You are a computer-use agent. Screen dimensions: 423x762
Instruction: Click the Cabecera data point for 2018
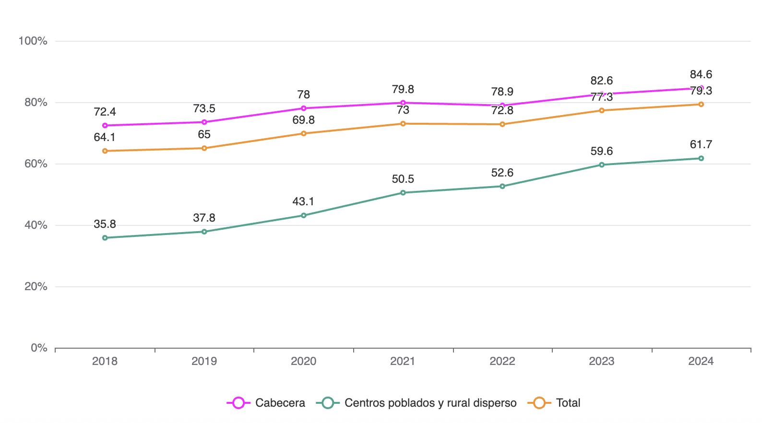105,126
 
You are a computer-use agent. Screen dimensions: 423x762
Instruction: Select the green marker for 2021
403,193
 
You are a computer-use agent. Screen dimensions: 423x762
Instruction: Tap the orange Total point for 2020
304,133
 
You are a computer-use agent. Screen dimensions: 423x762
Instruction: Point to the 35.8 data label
105,224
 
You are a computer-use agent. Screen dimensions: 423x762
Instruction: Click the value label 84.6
701,74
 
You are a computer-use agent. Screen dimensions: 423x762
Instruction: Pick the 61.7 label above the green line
701,144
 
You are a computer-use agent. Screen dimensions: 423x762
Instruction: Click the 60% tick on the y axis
33,164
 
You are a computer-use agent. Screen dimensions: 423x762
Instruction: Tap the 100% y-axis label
33,41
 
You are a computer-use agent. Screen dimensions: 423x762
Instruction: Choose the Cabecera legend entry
266,403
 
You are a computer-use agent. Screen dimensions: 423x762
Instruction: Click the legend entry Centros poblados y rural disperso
417,403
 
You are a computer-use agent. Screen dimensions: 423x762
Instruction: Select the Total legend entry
555,403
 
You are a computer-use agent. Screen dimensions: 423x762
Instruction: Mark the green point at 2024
701,158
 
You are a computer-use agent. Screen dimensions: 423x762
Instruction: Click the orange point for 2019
204,148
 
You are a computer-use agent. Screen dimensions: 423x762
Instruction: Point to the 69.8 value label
304,119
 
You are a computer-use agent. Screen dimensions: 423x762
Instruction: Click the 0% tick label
39,348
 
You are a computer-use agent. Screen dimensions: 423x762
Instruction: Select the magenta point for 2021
403,103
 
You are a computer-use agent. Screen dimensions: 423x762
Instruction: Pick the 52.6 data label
502,172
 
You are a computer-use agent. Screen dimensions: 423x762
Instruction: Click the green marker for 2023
602,165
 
